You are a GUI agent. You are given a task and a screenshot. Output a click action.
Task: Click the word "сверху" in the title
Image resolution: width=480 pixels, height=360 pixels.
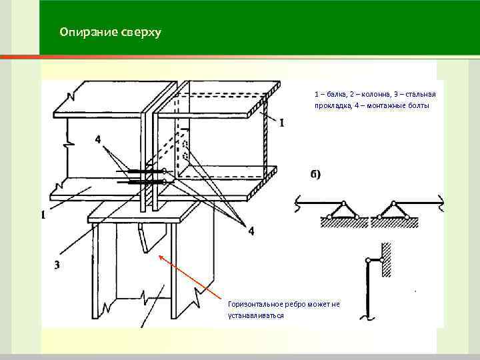tap(140, 32)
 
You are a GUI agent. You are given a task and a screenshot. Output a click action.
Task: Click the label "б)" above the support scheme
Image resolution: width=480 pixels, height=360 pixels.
tap(315, 175)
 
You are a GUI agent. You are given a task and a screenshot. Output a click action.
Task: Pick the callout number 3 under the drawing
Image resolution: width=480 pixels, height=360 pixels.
tap(57, 265)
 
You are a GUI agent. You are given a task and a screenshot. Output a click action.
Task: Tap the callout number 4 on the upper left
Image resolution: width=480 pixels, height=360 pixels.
tap(98, 140)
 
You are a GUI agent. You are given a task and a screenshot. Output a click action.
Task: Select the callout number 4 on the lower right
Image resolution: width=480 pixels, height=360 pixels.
tap(251, 231)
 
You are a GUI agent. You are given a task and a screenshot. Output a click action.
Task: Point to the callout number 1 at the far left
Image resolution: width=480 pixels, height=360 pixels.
tap(43, 215)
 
